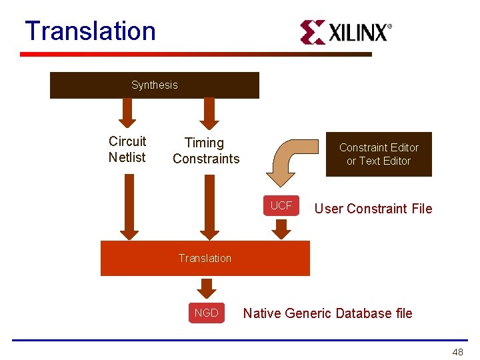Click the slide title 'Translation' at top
[90, 31]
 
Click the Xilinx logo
[345, 32]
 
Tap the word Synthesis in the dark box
[155, 85]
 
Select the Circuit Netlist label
[127, 149]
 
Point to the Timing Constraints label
[205, 151]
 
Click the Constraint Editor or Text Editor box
[379, 154]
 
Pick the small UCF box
[281, 206]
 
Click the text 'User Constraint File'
[373, 209]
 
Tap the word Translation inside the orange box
[205, 258]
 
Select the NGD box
[207, 313]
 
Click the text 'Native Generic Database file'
[328, 313]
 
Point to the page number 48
[457, 351]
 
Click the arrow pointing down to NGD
[207, 288]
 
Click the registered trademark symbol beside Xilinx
[389, 27]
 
